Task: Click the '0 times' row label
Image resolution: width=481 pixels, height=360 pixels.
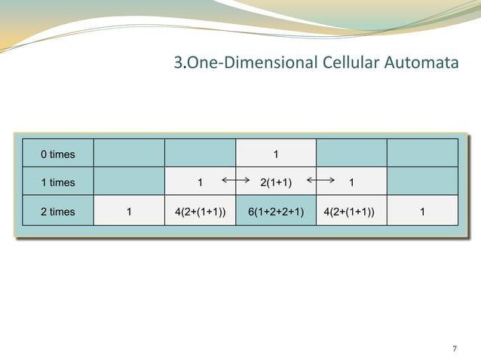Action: pos(57,154)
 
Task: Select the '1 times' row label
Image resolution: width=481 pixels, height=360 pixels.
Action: pos(57,182)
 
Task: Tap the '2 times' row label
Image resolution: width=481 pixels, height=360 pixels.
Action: pos(57,212)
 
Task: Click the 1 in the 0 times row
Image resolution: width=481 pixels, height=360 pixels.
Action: pos(276,154)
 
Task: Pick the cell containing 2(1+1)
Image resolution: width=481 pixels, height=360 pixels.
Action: pos(276,182)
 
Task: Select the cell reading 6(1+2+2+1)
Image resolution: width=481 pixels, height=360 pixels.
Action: pos(276,212)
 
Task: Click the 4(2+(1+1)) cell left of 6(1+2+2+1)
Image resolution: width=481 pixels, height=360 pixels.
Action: pos(200,212)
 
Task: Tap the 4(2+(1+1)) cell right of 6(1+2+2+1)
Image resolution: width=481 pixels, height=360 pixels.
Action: pos(351,212)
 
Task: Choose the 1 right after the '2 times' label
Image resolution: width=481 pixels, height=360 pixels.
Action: pos(129,212)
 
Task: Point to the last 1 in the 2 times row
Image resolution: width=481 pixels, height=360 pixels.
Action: pos(423,212)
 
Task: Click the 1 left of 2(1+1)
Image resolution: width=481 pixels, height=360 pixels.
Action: pos(200,182)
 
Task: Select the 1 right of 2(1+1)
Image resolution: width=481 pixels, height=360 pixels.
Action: pos(351,182)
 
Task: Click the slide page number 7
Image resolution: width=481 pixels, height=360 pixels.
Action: pos(454,348)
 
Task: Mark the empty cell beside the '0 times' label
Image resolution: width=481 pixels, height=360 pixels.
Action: pos(129,154)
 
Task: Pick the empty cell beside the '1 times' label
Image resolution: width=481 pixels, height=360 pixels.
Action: pos(129,182)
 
